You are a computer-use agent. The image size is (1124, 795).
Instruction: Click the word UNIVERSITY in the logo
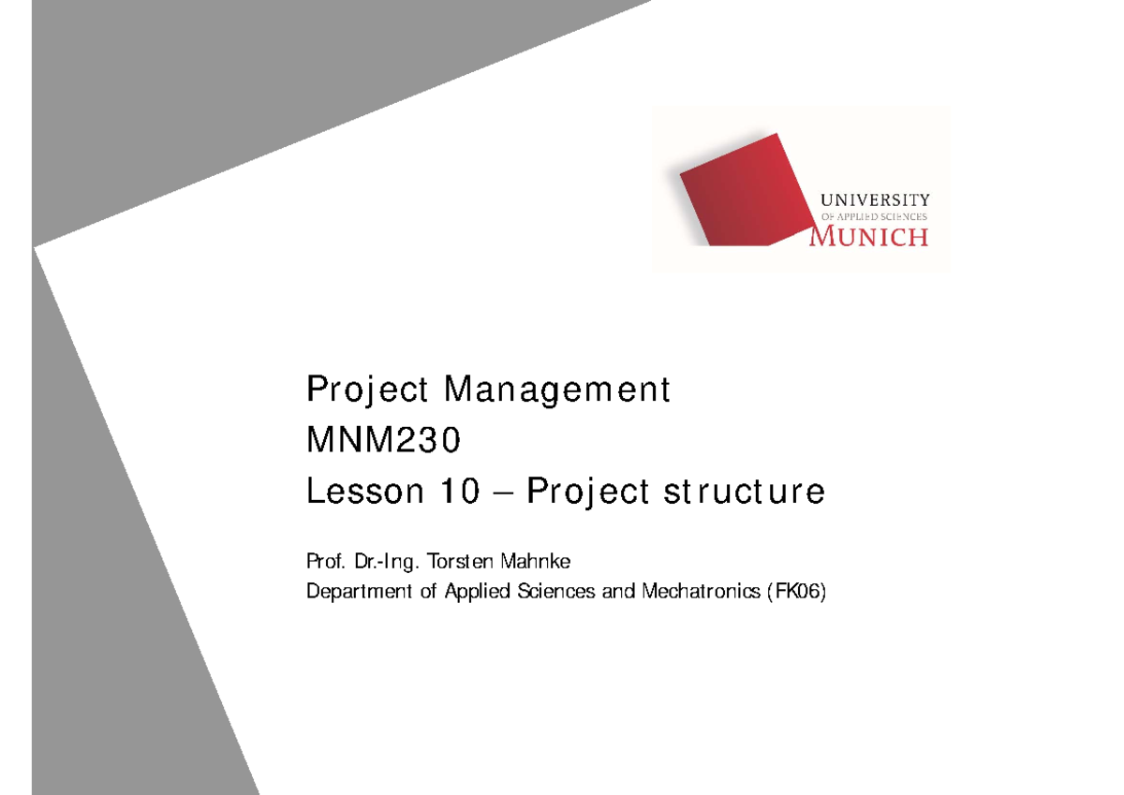875,199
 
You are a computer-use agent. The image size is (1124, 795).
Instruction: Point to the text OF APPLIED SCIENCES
874,216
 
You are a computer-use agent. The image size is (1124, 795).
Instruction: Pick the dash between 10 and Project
507,493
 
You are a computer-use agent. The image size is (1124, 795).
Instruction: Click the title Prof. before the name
324,562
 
